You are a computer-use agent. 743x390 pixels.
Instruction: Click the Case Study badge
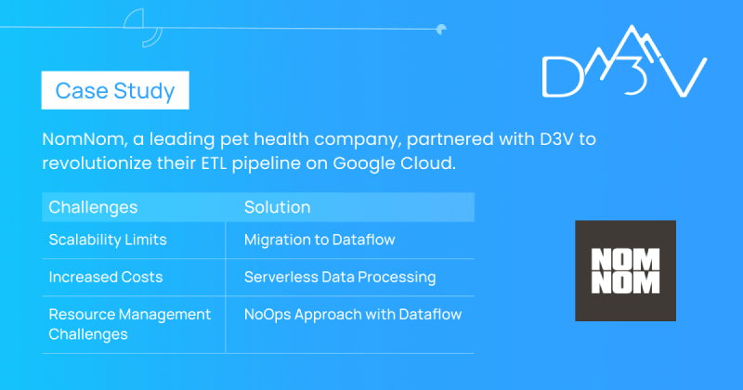tap(115, 90)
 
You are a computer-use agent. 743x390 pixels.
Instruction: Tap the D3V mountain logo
tap(624, 61)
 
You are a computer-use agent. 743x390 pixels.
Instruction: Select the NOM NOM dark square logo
tap(625, 270)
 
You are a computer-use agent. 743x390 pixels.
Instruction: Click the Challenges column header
tap(93, 208)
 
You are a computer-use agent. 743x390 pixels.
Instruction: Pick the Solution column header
tap(277, 207)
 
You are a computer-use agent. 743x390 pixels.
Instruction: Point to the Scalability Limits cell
tap(108, 240)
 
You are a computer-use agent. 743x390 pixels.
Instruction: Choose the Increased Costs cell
tap(106, 277)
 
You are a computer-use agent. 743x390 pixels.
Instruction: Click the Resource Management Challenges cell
tap(129, 324)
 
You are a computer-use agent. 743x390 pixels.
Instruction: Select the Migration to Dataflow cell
tap(319, 240)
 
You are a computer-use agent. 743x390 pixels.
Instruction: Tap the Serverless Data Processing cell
tap(340, 278)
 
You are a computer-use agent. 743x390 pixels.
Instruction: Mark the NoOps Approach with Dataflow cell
tap(353, 314)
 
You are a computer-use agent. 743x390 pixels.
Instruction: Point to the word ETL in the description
tap(214, 163)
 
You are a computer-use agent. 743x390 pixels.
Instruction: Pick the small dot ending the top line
tap(441, 30)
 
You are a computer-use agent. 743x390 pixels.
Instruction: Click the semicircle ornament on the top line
tap(143, 28)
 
